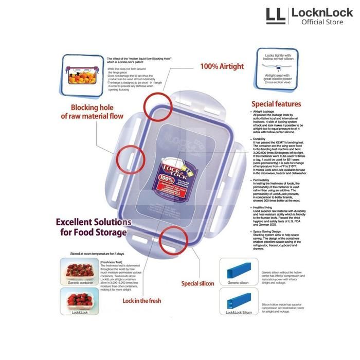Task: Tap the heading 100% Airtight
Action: (x=223, y=66)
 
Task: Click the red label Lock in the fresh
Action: (x=143, y=301)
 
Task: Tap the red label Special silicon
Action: (x=198, y=283)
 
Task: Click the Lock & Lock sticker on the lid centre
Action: (x=177, y=175)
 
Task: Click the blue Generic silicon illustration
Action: (x=238, y=271)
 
